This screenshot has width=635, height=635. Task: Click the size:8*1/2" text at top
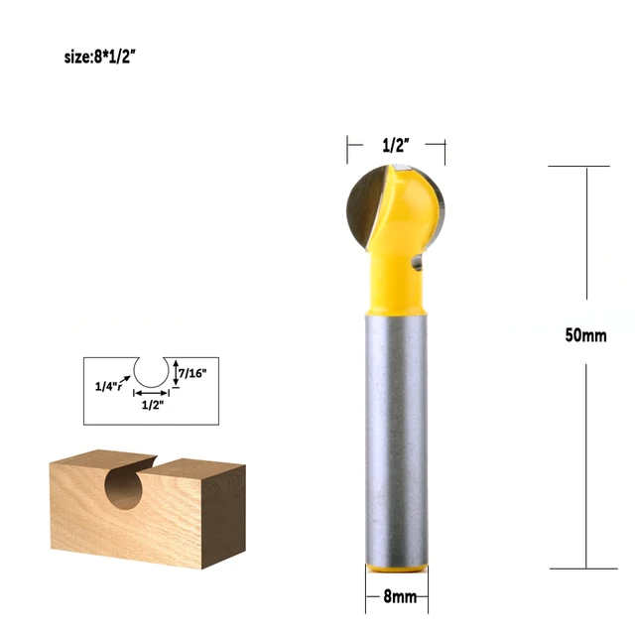99,58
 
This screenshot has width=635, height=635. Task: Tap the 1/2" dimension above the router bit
396,145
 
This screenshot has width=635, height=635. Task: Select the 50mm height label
585,335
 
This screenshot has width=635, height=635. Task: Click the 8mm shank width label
395,599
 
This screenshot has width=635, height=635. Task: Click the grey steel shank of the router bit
395,437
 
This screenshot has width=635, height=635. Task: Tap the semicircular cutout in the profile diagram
153,372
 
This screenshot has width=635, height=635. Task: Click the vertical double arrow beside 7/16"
176,373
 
